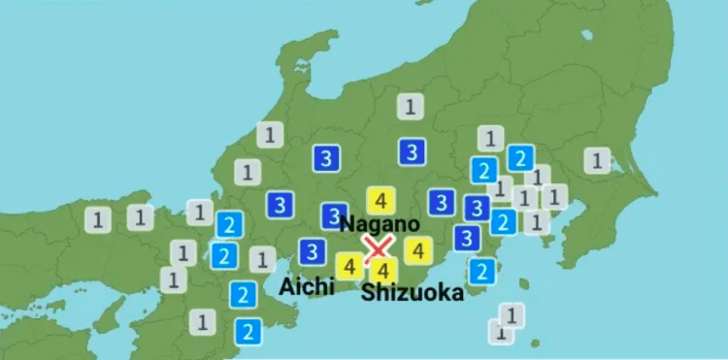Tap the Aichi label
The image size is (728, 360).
(306, 285)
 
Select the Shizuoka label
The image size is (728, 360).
(413, 293)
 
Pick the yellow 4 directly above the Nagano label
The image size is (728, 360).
(381, 201)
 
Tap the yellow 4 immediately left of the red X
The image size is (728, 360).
(348, 264)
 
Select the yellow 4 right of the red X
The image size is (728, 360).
(417, 250)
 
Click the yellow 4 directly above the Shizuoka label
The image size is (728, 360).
(383, 270)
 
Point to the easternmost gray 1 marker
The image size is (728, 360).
(597, 159)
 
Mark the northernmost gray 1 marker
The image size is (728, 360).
(412, 107)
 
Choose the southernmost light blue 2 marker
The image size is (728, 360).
(248, 331)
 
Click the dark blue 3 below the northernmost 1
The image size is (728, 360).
(412, 150)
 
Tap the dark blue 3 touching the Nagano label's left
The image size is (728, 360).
(333, 216)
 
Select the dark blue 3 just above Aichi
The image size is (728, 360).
(311, 251)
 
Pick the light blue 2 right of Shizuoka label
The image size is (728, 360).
(481, 270)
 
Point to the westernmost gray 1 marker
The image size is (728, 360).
(96, 218)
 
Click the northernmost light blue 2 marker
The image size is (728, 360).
(520, 157)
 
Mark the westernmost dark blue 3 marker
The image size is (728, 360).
(281, 204)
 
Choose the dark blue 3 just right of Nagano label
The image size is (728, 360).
(442, 202)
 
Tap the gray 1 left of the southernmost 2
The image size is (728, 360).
(203, 319)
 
